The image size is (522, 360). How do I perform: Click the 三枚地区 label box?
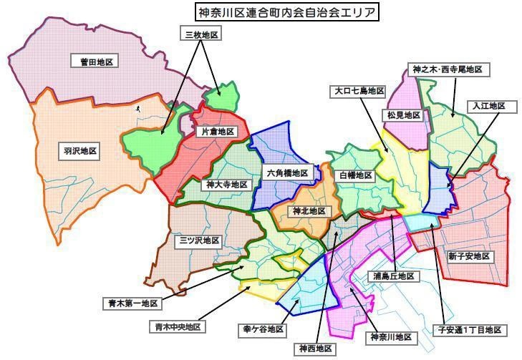200,34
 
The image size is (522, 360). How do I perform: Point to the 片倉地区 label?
217,132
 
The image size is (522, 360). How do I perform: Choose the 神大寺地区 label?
226,185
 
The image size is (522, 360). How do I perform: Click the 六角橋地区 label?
286,173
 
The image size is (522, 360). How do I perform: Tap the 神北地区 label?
308,211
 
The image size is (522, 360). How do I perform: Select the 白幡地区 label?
356,175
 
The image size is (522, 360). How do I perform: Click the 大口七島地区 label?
359,92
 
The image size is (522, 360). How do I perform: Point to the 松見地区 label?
405,115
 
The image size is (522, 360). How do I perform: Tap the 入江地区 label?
488,106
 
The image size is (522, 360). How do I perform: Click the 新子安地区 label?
470,256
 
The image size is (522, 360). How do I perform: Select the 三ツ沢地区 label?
198,241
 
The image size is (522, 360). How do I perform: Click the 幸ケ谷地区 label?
261,330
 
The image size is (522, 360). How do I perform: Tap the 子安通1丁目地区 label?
473,330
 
